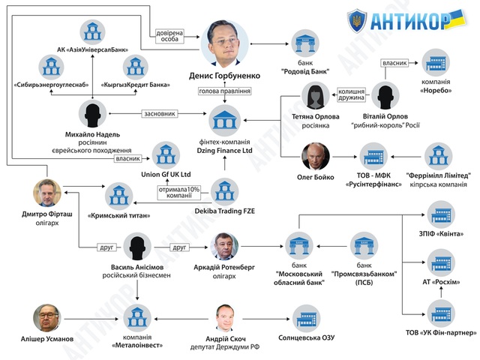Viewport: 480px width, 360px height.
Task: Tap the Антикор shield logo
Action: coord(359,20)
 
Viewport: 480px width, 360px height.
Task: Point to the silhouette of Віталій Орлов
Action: coord(385,97)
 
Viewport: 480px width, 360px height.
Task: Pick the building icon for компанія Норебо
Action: coord(436,63)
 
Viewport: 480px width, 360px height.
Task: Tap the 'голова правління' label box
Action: coord(224,91)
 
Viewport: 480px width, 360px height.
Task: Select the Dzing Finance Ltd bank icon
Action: coord(225,119)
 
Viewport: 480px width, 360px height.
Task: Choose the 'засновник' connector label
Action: coord(160,114)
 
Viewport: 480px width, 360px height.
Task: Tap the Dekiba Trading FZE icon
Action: coord(224,190)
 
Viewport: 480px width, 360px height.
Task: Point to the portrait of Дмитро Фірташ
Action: coord(47,192)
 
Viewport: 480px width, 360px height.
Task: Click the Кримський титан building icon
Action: coord(118,195)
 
